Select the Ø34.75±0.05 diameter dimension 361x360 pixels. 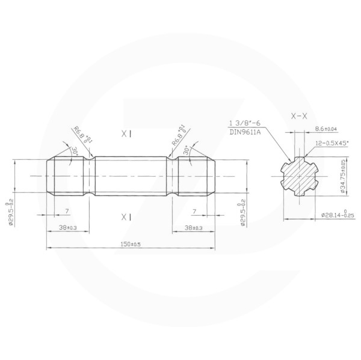click(344, 175)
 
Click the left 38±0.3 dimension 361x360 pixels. click(67, 228)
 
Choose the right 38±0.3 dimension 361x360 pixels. click(193, 228)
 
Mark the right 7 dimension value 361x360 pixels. click(194, 212)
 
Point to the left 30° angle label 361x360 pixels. click(75, 150)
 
